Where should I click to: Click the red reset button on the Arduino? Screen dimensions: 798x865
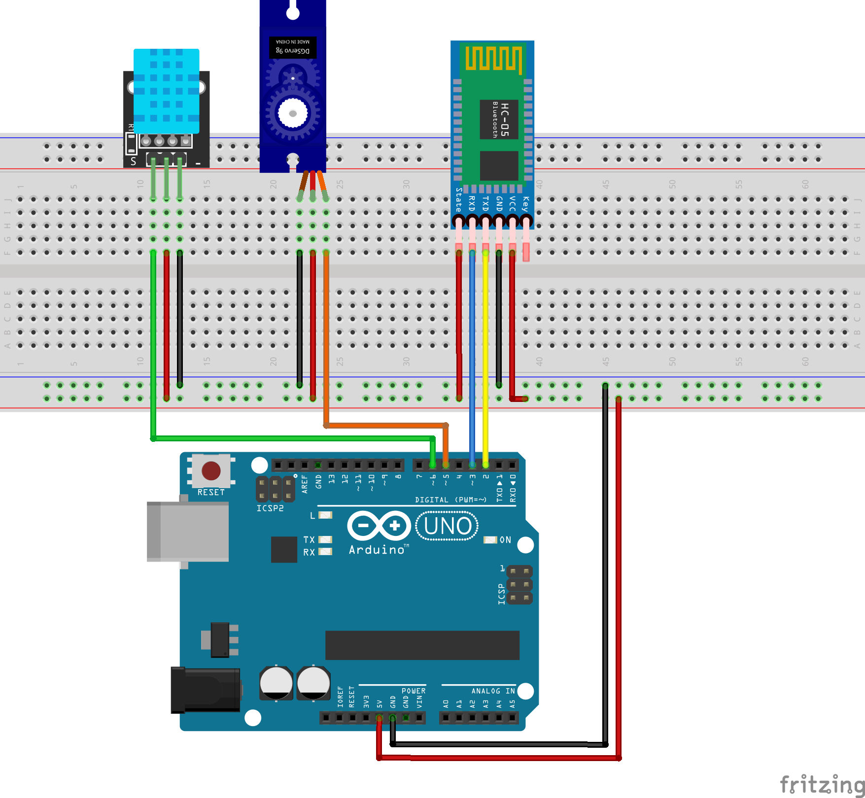point(211,471)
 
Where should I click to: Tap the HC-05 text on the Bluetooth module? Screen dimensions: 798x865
point(504,120)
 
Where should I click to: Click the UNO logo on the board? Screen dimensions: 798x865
point(447,526)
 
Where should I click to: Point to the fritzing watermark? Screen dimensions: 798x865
point(821,784)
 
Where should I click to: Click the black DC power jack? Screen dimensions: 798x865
point(205,690)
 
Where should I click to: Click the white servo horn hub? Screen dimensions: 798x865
point(293,113)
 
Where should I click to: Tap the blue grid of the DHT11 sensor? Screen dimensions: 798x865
point(167,91)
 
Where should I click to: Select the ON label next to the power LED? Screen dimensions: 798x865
point(505,540)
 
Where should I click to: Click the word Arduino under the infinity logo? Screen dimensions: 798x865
point(377,550)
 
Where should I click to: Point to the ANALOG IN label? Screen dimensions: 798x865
point(492,691)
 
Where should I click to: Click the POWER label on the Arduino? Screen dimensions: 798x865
point(413,691)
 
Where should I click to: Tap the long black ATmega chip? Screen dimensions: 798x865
point(422,645)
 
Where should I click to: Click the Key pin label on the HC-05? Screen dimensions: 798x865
point(525,203)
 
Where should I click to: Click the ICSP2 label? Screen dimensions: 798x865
point(270,508)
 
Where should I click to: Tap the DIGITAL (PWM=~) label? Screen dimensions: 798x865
point(450,499)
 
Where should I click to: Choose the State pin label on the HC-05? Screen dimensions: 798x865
point(459,200)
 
